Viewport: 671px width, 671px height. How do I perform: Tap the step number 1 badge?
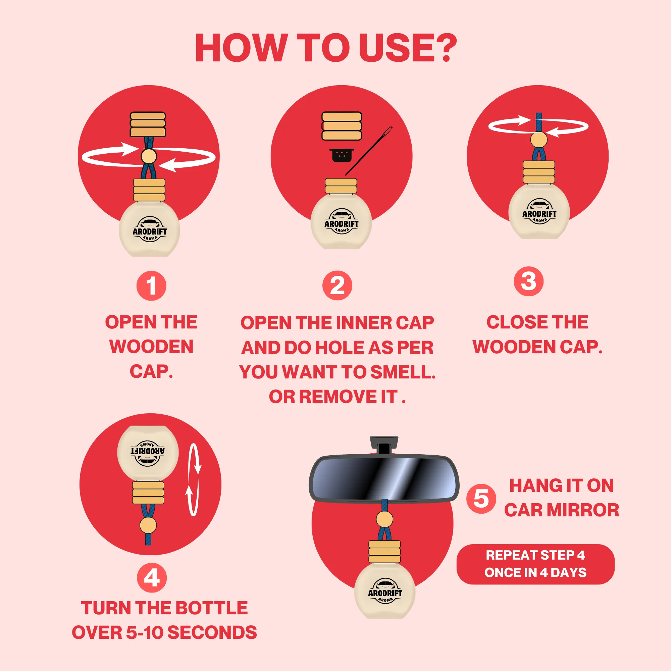click(151, 286)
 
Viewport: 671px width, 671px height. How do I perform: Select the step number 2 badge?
click(337, 286)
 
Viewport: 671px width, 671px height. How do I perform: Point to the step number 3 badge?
click(529, 281)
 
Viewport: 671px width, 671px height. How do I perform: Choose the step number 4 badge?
click(152, 578)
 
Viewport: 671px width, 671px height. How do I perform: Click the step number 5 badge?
click(481, 499)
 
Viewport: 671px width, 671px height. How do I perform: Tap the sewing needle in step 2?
click(368, 151)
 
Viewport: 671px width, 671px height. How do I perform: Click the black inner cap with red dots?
click(342, 155)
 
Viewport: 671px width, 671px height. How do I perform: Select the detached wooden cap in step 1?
click(148, 124)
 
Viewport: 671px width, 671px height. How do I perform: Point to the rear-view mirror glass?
click(384, 478)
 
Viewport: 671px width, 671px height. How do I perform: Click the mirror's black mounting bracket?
click(384, 446)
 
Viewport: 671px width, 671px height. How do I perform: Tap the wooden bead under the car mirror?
click(384, 520)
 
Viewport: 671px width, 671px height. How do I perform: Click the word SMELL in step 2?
click(403, 372)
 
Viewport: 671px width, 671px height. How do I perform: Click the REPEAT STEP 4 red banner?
click(535, 564)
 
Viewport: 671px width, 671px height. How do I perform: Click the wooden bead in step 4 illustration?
click(148, 525)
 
